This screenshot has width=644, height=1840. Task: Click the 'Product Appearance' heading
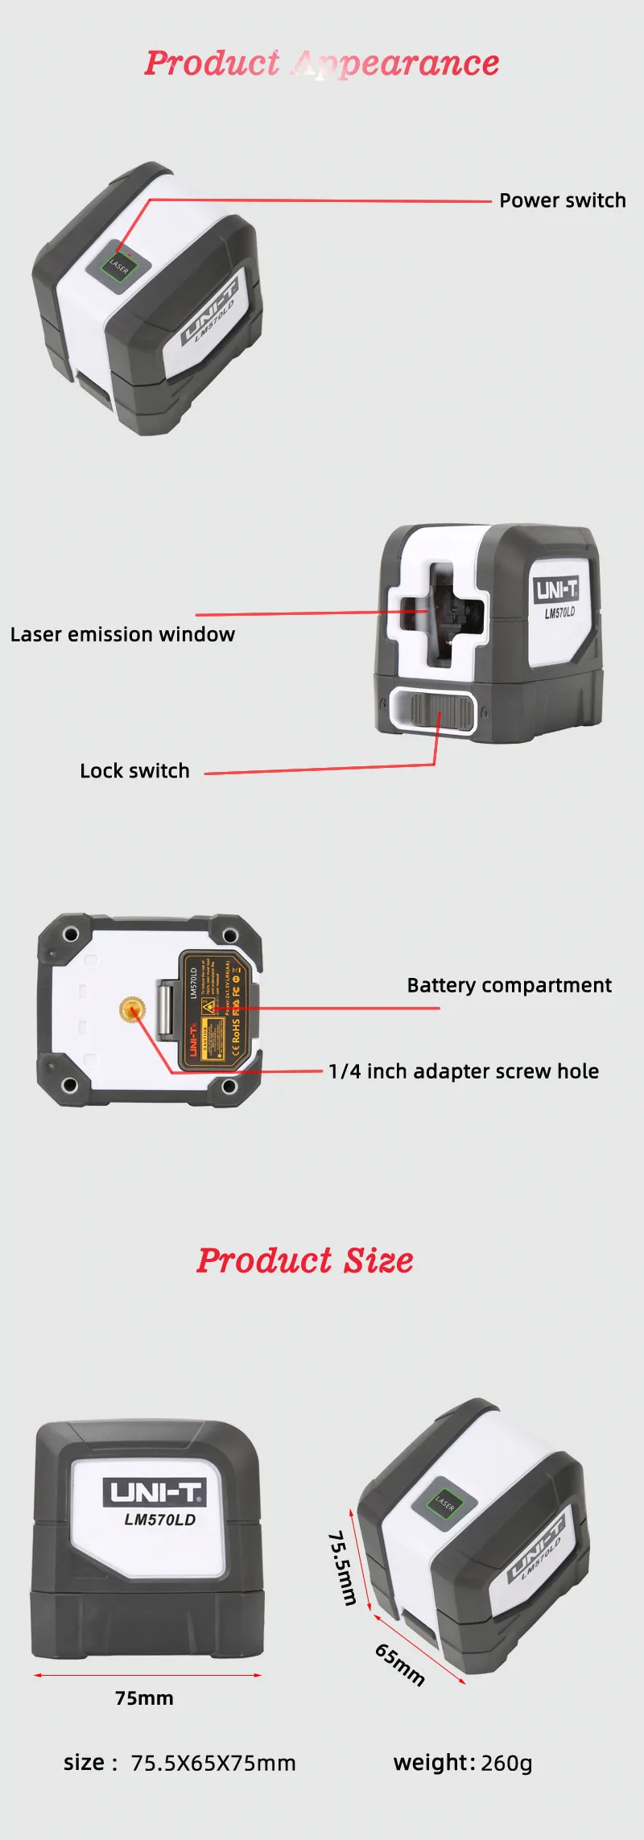[x=322, y=63]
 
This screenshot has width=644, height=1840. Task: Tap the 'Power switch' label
[x=562, y=200]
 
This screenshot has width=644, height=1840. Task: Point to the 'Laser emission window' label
[x=122, y=634]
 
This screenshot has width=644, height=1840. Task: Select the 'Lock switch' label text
[x=134, y=770]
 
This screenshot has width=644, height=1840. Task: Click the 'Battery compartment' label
[x=509, y=985]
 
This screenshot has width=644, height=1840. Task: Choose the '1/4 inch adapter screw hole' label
[x=463, y=1071]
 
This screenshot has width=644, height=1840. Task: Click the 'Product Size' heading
[x=305, y=1260]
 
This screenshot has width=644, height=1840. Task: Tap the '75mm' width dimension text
[x=144, y=1698]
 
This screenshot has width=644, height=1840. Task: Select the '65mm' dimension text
[x=399, y=1664]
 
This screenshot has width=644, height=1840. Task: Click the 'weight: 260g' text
[x=463, y=1763]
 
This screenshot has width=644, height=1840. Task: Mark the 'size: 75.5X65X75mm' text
[x=180, y=1764]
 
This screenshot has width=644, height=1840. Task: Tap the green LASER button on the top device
[x=118, y=266]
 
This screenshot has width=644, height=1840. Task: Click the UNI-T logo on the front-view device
[x=155, y=1493]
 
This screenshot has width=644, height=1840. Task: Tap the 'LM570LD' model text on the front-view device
[x=159, y=1520]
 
